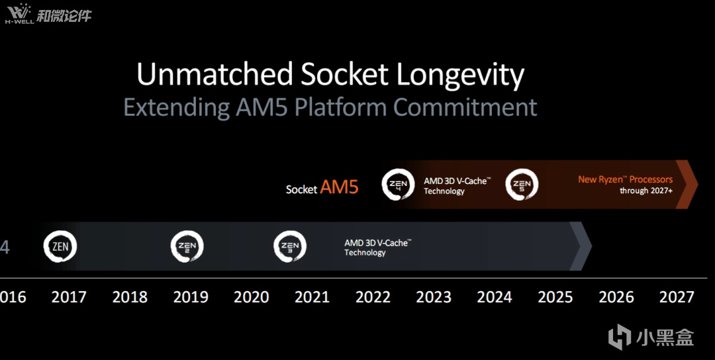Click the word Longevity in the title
pyautogui.click(x=460, y=75)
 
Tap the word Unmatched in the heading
pyautogui.click(x=215, y=74)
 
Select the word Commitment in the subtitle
pyautogui.click(x=465, y=107)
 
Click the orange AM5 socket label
pyautogui.click(x=339, y=187)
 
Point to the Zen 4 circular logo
pyautogui.click(x=398, y=185)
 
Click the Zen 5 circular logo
pyautogui.click(x=522, y=185)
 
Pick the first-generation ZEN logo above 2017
pyautogui.click(x=60, y=247)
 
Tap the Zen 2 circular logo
pyautogui.click(x=187, y=247)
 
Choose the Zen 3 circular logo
pyautogui.click(x=290, y=247)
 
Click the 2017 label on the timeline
pyautogui.click(x=69, y=297)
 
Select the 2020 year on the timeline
pyautogui.click(x=252, y=297)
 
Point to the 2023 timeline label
pyautogui.click(x=434, y=297)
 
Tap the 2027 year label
pyautogui.click(x=677, y=297)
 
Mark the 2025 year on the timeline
pyautogui.click(x=555, y=297)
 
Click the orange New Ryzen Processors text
pyautogui.click(x=626, y=179)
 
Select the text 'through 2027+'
pyautogui.click(x=646, y=191)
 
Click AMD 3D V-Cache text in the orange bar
pyautogui.click(x=457, y=181)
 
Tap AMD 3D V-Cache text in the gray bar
pyautogui.click(x=378, y=243)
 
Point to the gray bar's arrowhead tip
pyautogui.click(x=591, y=246)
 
